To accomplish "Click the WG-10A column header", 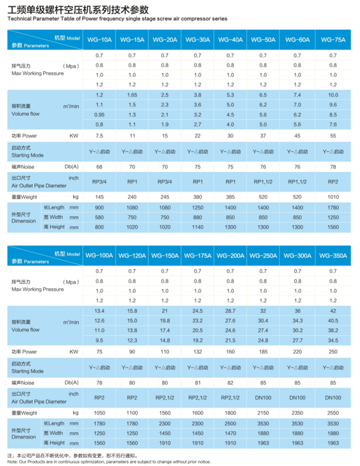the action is click(x=99, y=40).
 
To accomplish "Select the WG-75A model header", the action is click(x=333, y=40).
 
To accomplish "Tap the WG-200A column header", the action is click(x=230, y=256).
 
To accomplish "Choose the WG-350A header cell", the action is click(x=333, y=256).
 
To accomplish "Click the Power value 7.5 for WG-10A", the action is click(x=99, y=136).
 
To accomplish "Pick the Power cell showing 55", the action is click(x=333, y=136).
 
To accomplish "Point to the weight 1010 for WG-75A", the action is click(x=333, y=197).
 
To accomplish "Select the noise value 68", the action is click(x=99, y=167).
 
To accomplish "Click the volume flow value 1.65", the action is click(x=132, y=95).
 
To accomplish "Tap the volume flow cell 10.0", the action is click(x=333, y=95).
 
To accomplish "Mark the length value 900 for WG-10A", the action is click(x=99, y=208).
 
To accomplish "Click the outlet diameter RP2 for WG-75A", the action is click(x=333, y=182).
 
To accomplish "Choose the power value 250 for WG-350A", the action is click(x=333, y=352).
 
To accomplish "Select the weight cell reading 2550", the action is click(x=333, y=413).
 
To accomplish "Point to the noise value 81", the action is click(x=197, y=383).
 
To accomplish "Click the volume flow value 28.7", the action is click(x=230, y=311).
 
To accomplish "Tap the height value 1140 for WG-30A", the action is click(x=197, y=227).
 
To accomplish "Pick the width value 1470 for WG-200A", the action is click(x=230, y=433).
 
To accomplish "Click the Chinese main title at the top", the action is click(x=78, y=10).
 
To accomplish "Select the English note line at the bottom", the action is click(x=109, y=462).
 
